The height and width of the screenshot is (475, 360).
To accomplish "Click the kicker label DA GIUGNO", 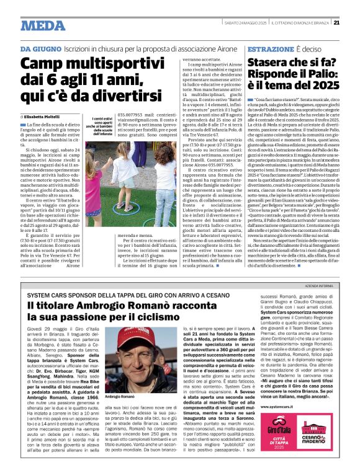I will (40, 48).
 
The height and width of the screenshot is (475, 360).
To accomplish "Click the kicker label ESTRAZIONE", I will (268, 48).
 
